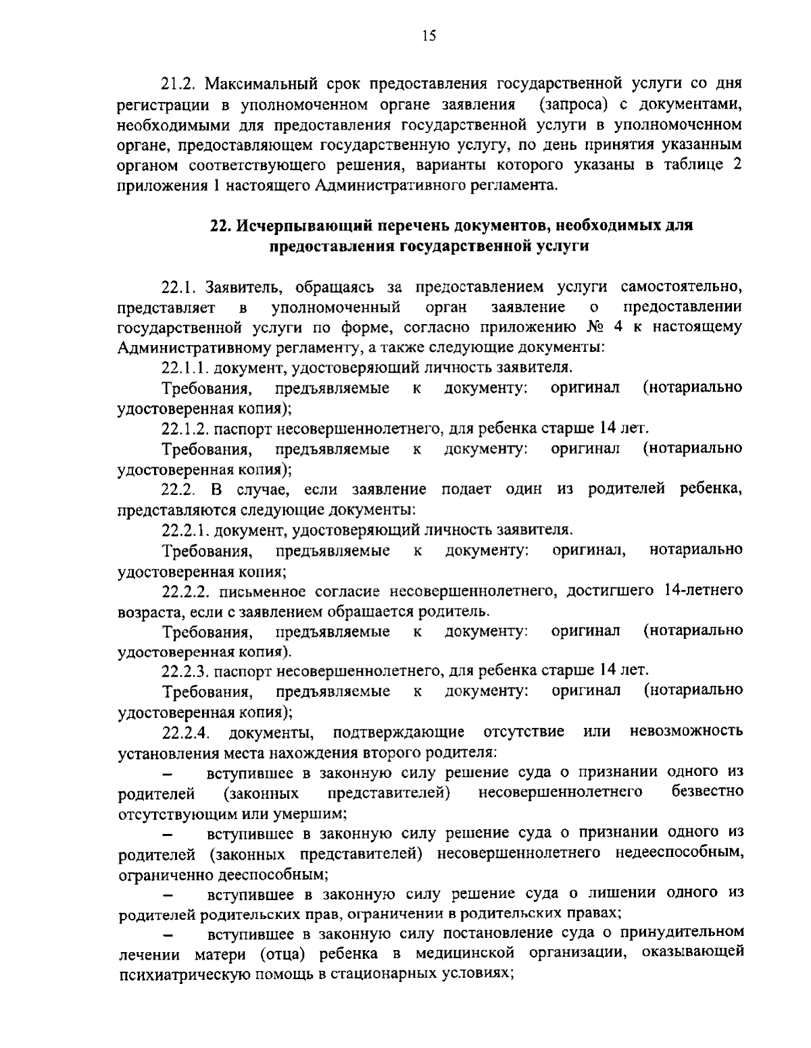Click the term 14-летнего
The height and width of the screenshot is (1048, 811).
pyautogui.click(x=704, y=591)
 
